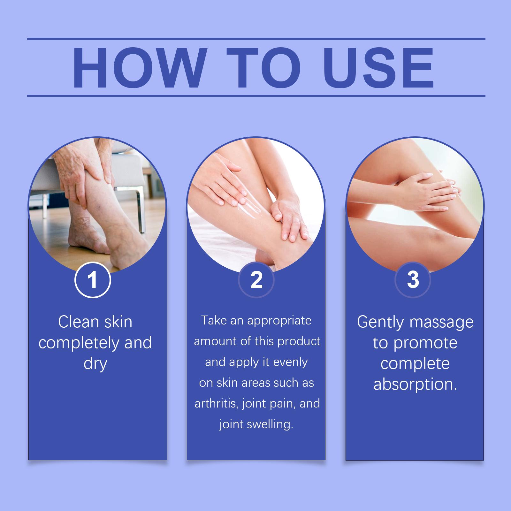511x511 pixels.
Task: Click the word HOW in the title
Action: pyautogui.click(x=138, y=68)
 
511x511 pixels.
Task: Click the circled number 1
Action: pyautogui.click(x=93, y=280)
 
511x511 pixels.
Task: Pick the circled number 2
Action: pyautogui.click(x=256, y=280)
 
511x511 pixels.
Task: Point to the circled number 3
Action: pyautogui.click(x=413, y=280)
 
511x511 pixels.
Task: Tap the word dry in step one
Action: pyautogui.click(x=95, y=364)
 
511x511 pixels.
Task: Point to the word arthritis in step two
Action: pyautogui.click(x=217, y=403)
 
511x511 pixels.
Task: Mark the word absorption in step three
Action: pyautogui.click(x=415, y=384)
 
